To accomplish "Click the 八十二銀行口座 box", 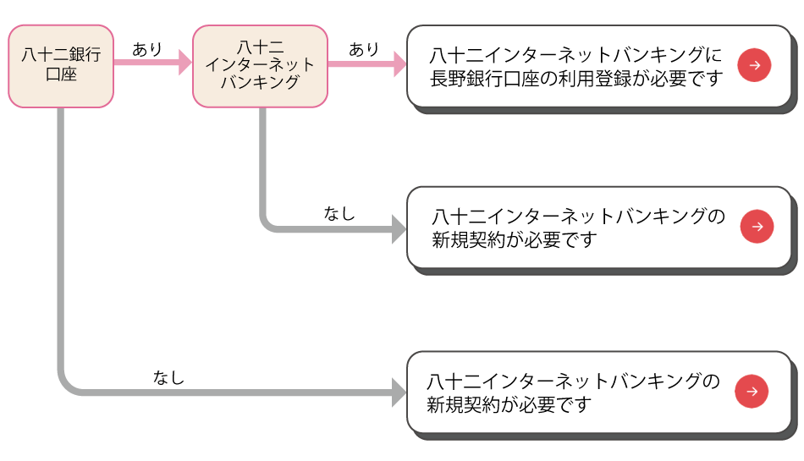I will coord(61,67).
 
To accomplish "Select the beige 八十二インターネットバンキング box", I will coord(260,66).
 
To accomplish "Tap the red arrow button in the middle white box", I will coord(757,227).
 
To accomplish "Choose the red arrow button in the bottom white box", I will coord(752,391).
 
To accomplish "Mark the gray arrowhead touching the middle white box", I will coord(399,228).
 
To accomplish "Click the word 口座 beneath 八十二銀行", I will coord(61,75).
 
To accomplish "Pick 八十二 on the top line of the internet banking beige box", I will coord(260,47).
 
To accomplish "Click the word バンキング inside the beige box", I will coord(260,83).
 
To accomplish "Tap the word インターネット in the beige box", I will coord(260,65).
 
